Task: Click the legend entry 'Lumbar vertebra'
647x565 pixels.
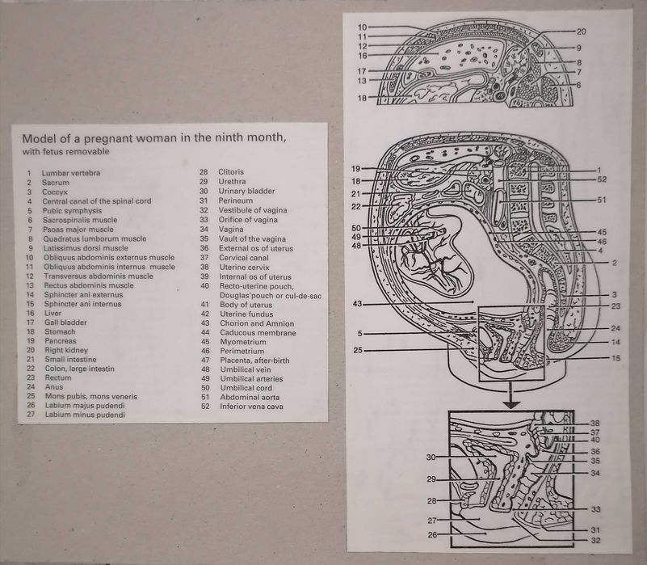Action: coord(70,173)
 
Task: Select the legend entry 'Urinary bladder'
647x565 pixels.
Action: coord(246,191)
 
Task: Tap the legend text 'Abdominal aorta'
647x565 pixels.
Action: coord(250,397)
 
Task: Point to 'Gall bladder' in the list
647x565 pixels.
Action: coord(65,323)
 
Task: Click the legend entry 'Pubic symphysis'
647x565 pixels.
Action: coord(72,211)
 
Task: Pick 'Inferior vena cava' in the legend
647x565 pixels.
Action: coord(251,406)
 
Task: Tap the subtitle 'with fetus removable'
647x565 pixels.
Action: coord(66,152)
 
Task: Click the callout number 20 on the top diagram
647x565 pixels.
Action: coord(581,32)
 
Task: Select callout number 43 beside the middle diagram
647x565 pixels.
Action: coord(357,304)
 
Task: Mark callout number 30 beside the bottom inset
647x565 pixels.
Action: coord(431,457)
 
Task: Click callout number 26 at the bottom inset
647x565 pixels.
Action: coord(432,535)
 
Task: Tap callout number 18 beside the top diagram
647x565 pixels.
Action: coord(362,99)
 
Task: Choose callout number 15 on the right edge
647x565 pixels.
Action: coord(615,358)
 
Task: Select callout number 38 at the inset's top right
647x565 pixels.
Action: coord(594,424)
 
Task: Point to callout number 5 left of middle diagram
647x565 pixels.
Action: coord(359,333)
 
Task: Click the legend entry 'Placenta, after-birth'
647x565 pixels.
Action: coord(254,361)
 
